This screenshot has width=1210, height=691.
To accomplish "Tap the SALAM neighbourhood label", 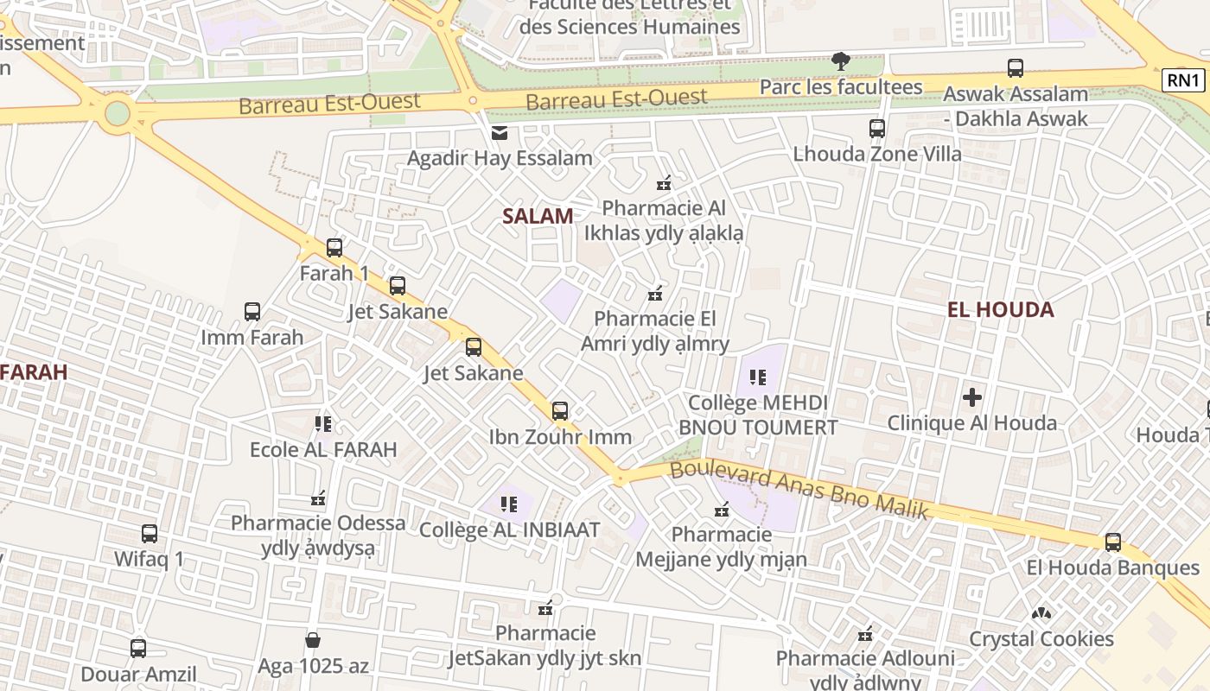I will (x=538, y=216).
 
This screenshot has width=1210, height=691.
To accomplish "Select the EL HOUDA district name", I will (x=1000, y=309).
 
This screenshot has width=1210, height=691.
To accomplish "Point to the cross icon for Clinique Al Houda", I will (x=972, y=397).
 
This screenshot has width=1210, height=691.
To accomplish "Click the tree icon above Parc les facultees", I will (x=840, y=60).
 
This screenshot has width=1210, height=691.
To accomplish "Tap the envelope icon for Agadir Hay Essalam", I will (x=500, y=133).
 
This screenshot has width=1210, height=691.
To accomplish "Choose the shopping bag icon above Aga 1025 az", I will (x=313, y=640).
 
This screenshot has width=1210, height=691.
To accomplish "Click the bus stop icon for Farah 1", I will (x=334, y=248).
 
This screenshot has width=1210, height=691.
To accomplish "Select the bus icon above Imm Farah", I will (x=252, y=312).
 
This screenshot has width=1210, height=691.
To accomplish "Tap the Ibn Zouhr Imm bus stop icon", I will (x=560, y=411).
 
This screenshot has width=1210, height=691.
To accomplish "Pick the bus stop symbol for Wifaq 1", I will (x=150, y=534).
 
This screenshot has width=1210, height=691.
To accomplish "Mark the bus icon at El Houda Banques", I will (x=1113, y=542).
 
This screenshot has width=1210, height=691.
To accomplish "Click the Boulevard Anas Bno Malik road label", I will (x=799, y=490).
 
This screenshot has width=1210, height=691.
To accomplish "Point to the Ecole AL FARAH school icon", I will (x=323, y=424).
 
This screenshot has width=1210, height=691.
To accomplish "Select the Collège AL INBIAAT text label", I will (x=509, y=529).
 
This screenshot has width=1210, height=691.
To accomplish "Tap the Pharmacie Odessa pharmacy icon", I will (x=318, y=498).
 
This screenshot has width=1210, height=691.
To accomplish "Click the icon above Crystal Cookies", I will (x=1041, y=614).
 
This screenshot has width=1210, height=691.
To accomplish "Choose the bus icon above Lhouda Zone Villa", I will (x=877, y=129).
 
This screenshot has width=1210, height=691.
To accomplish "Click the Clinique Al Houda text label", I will (x=972, y=422).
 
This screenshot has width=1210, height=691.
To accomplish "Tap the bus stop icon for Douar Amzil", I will (x=138, y=648).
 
